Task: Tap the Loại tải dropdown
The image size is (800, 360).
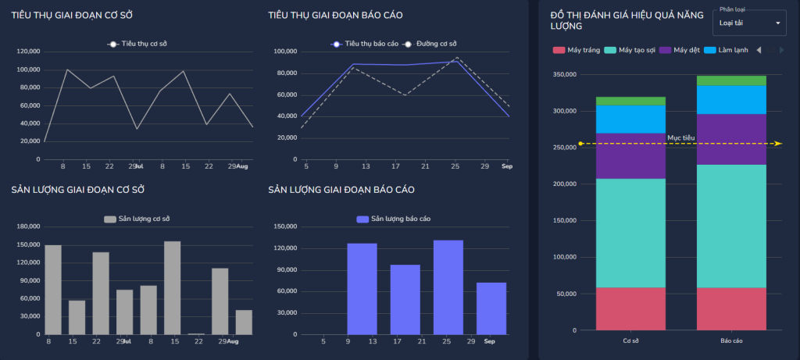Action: pos(749,23)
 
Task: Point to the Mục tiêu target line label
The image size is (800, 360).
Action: pos(680,138)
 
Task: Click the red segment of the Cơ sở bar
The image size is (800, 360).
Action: pos(630,308)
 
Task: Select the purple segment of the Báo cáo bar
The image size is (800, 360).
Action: pos(730,139)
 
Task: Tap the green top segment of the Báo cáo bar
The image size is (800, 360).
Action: pos(730,80)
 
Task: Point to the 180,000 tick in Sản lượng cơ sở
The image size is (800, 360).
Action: pos(28,227)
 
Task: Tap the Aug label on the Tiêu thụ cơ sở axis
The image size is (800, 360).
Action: pos(242,167)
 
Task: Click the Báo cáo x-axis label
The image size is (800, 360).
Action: pos(730,342)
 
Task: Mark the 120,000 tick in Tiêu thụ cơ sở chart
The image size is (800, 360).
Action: pos(28,52)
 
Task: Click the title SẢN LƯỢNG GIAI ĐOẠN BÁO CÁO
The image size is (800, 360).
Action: pos(341,190)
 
